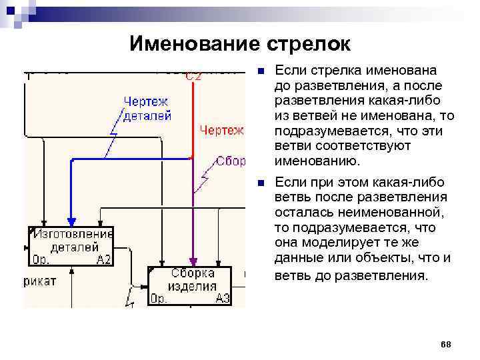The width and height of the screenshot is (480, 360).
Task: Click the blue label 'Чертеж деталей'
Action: coord(147,108)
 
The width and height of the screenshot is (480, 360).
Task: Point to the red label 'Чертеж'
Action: coord(222,130)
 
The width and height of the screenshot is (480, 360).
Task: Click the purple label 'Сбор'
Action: coord(231,161)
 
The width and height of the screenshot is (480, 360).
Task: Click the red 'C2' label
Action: coord(193,75)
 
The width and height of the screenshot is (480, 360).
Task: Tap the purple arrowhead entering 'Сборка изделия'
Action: coord(193,262)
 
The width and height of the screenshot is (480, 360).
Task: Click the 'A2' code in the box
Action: coord(104,260)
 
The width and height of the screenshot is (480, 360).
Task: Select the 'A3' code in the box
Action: coord(223,299)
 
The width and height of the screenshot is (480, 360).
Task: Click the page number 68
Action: coord(446,344)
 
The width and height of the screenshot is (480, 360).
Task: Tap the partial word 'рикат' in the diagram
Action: coord(41,281)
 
